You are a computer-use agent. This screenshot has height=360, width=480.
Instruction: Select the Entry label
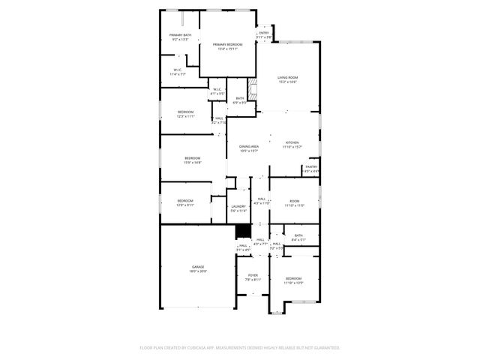pos(264,33)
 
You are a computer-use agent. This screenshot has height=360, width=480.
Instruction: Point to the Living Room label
pos(287,76)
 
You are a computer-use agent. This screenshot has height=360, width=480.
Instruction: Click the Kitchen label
pos(292,142)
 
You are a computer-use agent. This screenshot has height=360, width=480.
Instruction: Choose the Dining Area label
pos(249,146)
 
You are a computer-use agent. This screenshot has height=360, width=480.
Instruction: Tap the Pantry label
pos(311,167)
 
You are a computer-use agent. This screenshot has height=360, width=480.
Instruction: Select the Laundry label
pos(238,207)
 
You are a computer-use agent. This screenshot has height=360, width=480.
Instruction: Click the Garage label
pos(197,267)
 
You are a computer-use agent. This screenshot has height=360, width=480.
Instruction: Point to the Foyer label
pos(253,275)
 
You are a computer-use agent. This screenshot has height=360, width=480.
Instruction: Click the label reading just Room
pos(295,201)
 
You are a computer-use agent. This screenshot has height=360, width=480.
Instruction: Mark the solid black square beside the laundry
pos(242,232)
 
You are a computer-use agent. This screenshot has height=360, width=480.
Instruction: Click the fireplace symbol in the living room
pos(253,89)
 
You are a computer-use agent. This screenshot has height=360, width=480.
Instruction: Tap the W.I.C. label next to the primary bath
pos(178,70)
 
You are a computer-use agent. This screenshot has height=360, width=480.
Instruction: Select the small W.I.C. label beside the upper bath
pos(216,90)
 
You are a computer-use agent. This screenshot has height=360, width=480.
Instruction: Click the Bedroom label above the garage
pos(185,200)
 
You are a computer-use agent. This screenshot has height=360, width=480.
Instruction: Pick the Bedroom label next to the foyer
pos(293,279)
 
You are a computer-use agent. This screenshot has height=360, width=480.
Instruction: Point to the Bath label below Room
pos(298,236)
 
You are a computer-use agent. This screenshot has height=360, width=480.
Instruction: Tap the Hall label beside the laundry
pos(260,199)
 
